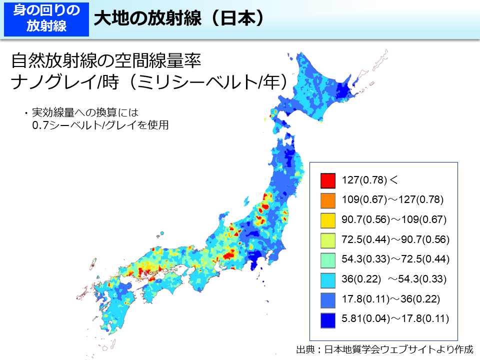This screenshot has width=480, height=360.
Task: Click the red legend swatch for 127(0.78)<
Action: [x=327, y=179]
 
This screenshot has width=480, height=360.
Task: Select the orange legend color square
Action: [x=327, y=199]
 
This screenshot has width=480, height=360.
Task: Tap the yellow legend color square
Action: [x=327, y=219]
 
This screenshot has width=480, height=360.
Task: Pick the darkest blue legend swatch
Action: [x=327, y=318]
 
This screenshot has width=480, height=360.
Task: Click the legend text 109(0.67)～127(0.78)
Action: [x=393, y=199]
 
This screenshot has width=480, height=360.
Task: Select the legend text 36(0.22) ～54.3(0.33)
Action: [x=394, y=279]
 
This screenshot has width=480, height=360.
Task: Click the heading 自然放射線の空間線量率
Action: [x=106, y=61]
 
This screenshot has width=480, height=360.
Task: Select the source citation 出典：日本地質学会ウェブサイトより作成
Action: [x=384, y=349]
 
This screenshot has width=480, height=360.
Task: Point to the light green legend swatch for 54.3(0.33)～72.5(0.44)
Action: [x=327, y=259]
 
